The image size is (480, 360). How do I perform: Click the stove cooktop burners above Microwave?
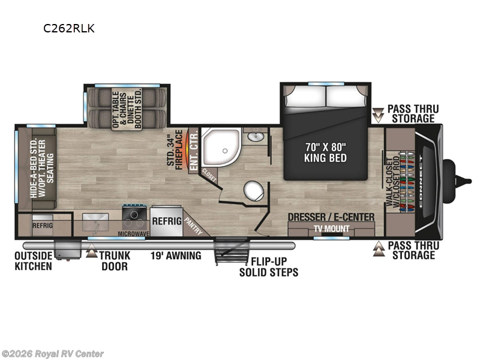(x=134, y=214)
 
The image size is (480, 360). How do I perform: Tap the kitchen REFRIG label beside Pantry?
(x=166, y=221)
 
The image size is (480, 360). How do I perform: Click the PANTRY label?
(x=193, y=224)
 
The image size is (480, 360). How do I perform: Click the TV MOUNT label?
(x=331, y=229)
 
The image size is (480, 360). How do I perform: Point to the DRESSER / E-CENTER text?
(x=331, y=217)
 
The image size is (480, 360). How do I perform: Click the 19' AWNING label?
(x=175, y=256)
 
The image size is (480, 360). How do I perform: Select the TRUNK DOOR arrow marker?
(x=91, y=253)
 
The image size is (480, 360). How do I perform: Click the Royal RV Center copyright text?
(x=53, y=354)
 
